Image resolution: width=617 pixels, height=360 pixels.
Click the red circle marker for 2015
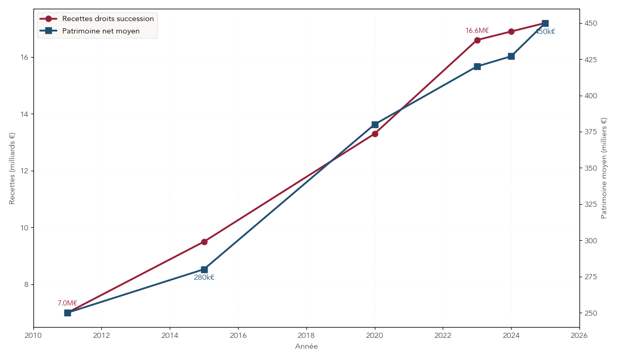coord(204,242)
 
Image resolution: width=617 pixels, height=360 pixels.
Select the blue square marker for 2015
coord(204,269)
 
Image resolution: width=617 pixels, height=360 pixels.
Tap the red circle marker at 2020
coord(375,134)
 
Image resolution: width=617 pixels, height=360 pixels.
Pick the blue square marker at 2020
coord(375,124)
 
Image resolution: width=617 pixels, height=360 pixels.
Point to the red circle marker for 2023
coord(477,40)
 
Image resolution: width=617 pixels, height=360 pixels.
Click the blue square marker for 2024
coord(511,56)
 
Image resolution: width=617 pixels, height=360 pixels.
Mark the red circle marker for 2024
coord(511,31)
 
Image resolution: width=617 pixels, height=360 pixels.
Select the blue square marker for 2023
coord(477,66)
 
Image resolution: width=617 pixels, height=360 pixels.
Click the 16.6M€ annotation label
coord(477,31)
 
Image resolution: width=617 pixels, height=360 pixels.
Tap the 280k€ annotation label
coord(204,278)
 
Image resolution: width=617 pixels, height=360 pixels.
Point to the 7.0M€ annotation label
coord(67,303)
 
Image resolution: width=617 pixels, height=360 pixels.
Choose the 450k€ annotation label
coord(545,32)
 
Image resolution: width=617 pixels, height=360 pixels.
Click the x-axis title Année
coord(306,347)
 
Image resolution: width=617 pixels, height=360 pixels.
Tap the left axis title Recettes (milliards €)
coord(12,168)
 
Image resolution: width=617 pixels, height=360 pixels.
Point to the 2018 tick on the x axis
coord(306,335)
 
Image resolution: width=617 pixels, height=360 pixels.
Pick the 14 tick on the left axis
coord(24,114)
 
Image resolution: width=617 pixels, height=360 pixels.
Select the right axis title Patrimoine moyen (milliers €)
coord(604,168)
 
